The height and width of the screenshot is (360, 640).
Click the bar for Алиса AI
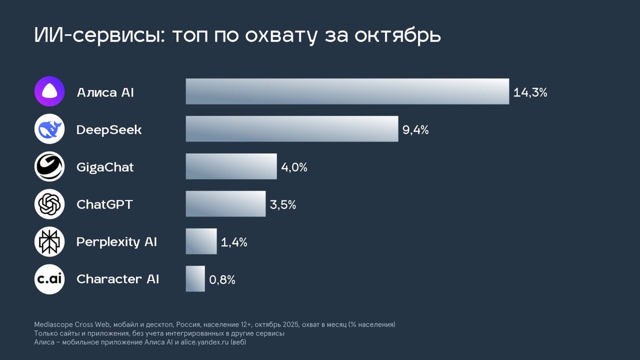pos(347,91)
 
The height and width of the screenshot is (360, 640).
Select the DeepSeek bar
pos(292,129)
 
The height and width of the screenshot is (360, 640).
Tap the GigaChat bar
pos(231,166)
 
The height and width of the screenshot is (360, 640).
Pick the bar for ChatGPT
pos(225,204)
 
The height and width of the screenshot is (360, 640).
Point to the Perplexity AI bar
pos(201,241)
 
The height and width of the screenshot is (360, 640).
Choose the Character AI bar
pos(195,279)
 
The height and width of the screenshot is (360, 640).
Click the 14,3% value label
pos(530,92)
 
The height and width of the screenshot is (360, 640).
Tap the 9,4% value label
pos(415,130)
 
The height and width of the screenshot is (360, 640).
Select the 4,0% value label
pos(294,167)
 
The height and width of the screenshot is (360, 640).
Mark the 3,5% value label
pos(283,205)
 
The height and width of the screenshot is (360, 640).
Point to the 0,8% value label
pos(222,280)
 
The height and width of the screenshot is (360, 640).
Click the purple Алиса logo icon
pos(50,91)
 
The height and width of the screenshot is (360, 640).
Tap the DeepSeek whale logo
pos(50,129)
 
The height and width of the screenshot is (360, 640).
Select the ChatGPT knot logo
pos(50,204)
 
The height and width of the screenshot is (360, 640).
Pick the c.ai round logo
pos(50,279)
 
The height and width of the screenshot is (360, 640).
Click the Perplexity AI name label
pos(117,242)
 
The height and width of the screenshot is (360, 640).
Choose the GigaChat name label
pos(105,167)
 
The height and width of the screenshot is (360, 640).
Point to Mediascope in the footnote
pos(52,324)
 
